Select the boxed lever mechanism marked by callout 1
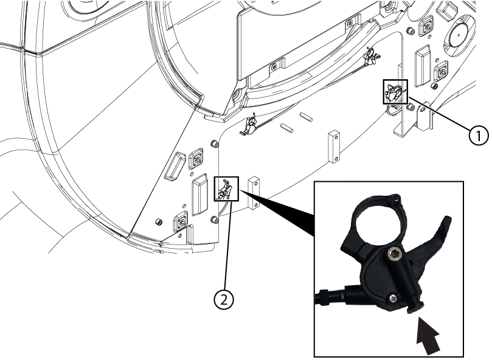point(393,92)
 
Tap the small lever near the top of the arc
point(369,58)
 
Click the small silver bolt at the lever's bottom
point(394,297)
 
